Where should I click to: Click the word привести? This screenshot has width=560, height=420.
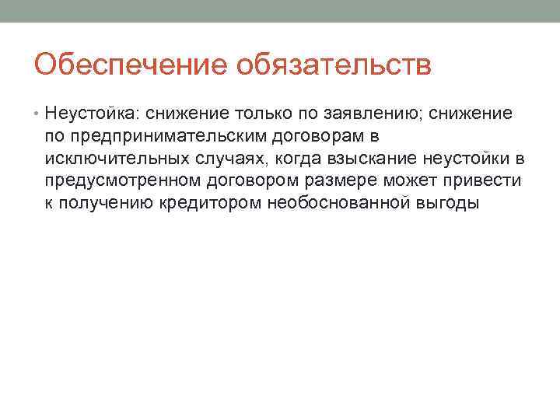(485, 182)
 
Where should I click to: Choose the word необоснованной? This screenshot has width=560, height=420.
(343, 204)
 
